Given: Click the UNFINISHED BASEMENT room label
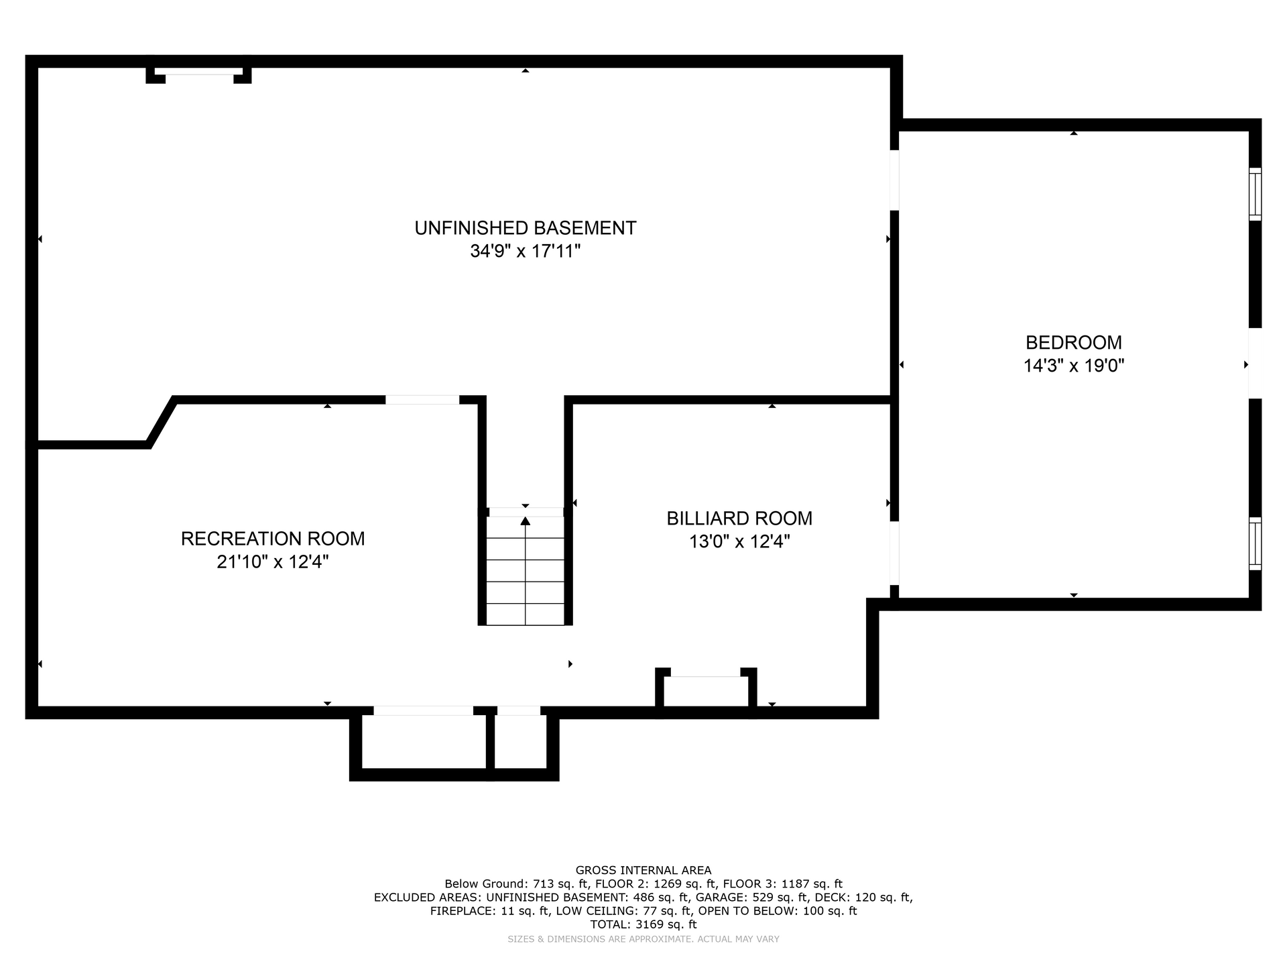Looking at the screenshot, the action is click(525, 228).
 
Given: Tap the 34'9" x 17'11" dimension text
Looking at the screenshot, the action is click(525, 252).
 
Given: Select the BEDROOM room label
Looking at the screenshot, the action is click(1073, 343).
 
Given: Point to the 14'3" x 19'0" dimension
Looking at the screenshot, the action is click(1073, 366).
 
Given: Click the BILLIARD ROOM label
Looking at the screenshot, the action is click(739, 519).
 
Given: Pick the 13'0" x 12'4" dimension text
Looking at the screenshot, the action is click(739, 541).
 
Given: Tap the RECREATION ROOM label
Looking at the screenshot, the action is click(273, 539).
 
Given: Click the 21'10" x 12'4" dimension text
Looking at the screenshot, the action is click(273, 562).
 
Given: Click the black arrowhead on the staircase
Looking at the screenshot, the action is click(526, 521).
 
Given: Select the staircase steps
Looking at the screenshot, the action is click(526, 571).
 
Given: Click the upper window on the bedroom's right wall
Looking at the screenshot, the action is click(1255, 194).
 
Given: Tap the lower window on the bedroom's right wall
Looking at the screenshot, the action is click(1255, 543).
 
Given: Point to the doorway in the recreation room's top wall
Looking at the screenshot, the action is click(422, 400).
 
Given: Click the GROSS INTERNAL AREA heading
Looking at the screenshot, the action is click(643, 871).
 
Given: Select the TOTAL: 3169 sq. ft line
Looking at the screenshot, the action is click(643, 924).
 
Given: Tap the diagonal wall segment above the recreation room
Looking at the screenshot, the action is click(162, 422).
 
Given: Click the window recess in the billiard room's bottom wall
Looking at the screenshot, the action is click(706, 691).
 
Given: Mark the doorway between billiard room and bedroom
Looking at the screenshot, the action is click(894, 553).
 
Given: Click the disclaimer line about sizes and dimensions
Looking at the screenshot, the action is click(643, 939).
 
